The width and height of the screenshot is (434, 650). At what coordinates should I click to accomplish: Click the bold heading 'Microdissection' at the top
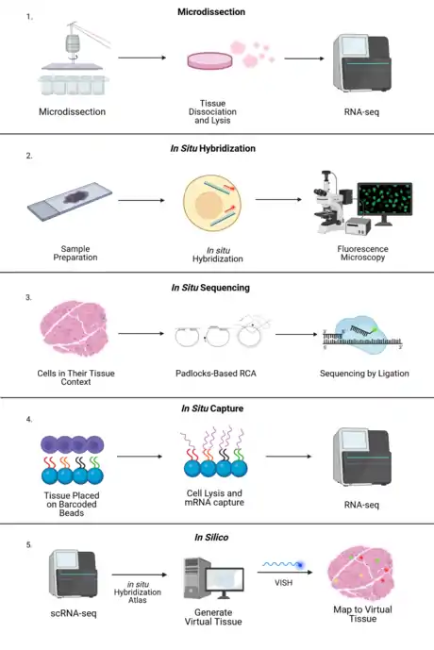click(211, 12)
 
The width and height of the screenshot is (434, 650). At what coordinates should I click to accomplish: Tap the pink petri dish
click(209, 60)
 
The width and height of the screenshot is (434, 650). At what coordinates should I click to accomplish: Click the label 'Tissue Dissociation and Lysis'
click(212, 112)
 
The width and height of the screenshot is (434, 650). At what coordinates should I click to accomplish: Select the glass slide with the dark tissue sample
click(70, 200)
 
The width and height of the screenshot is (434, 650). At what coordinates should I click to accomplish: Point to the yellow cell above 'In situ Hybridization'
click(212, 203)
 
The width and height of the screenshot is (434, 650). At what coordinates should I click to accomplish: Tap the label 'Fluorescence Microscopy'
click(362, 253)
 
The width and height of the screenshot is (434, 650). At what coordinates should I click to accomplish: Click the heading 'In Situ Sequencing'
click(210, 288)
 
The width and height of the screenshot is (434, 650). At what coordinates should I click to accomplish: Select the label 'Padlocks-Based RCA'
click(216, 374)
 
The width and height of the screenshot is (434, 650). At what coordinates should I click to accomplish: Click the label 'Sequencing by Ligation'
click(364, 374)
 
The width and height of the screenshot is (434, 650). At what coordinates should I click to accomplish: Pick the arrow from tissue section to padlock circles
click(141, 333)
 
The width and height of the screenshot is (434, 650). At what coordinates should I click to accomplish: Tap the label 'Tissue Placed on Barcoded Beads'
click(72, 504)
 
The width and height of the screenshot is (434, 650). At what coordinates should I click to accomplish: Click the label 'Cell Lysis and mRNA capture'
click(214, 498)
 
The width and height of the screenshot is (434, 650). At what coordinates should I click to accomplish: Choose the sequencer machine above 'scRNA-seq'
click(74, 575)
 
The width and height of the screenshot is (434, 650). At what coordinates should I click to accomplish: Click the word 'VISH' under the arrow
click(284, 583)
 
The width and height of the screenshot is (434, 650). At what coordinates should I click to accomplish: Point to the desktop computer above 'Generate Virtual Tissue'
click(213, 578)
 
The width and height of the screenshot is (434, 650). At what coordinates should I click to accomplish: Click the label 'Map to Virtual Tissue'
click(362, 614)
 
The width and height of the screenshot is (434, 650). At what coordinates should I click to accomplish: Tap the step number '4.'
click(29, 420)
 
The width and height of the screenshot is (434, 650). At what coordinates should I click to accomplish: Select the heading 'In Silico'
click(211, 538)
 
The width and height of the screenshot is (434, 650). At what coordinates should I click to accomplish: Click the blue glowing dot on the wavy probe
click(300, 565)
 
